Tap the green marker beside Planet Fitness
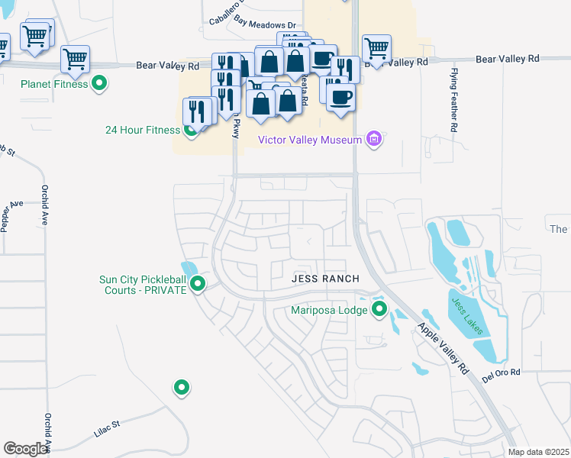[x=98, y=83]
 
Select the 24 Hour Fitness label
[x=142, y=130]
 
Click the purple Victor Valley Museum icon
[x=374, y=139]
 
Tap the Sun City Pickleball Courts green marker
[x=198, y=285]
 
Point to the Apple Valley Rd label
[x=442, y=347]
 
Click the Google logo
[x=26, y=448]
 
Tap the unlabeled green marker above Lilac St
[x=181, y=388]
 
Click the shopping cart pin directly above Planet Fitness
[x=75, y=59]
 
